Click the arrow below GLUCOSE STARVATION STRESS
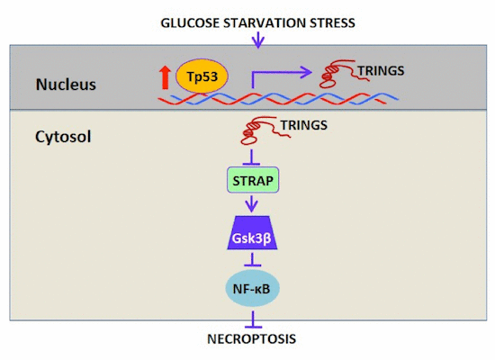tap(258, 39)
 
